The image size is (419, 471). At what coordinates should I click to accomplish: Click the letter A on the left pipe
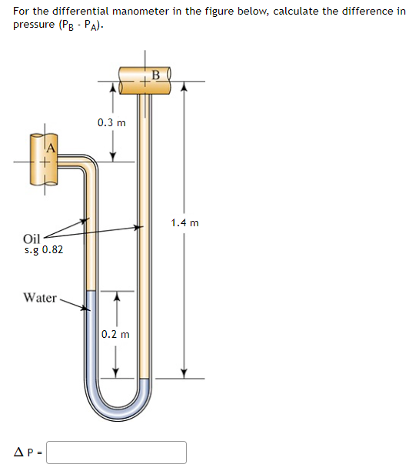(52, 149)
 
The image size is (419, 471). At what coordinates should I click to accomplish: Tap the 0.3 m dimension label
(112, 122)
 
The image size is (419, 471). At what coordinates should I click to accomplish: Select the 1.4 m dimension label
(185, 223)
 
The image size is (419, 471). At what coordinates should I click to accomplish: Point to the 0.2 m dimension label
(115, 335)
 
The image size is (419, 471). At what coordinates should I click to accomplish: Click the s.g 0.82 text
(44, 250)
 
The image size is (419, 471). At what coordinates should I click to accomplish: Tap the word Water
(40, 297)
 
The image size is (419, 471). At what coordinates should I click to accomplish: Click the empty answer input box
(116, 452)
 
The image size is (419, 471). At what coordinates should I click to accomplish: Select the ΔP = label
(28, 453)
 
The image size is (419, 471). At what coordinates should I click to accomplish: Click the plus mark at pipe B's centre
(145, 81)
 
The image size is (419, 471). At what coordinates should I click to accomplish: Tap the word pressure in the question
(33, 24)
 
